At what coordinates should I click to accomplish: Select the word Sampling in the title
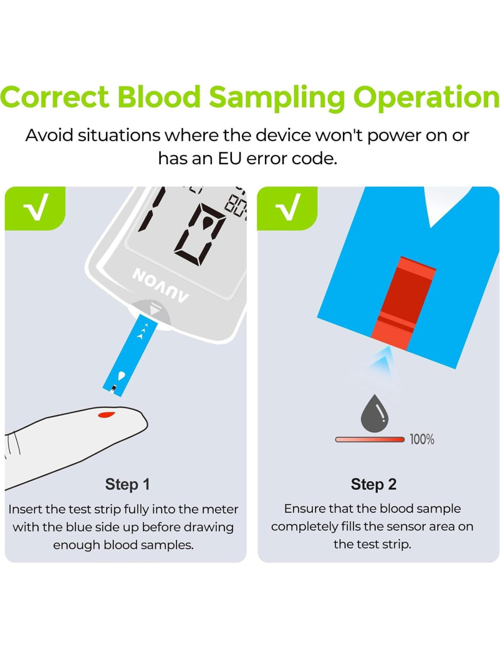point(277,98)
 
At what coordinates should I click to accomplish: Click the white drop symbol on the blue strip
point(122,376)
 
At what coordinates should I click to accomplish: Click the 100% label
point(422,440)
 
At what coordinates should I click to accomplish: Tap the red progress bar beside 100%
point(370,440)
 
